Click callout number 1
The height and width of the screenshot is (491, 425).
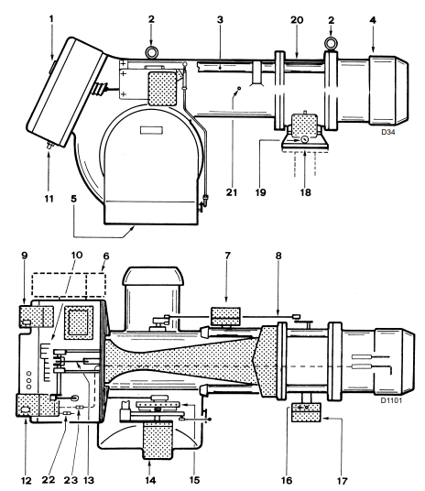51,19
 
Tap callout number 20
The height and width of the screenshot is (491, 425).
297,20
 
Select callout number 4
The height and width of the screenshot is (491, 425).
373,20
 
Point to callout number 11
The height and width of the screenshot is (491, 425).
49,199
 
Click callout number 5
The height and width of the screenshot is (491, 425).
74,199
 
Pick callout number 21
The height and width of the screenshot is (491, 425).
232,192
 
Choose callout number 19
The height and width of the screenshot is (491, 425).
260,192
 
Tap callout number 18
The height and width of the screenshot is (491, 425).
305,192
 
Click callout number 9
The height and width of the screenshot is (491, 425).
24,256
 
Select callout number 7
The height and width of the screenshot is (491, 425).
227,256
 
